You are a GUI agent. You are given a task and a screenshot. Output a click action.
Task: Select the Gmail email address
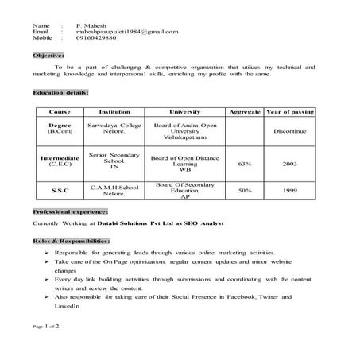click(x=127, y=32)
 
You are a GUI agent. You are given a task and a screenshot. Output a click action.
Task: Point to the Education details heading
click(x=61, y=93)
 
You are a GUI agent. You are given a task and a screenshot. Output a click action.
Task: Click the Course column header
click(x=60, y=112)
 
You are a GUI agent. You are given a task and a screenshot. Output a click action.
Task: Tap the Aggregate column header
click(x=246, y=112)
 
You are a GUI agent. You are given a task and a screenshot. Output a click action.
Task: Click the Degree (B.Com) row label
click(x=60, y=130)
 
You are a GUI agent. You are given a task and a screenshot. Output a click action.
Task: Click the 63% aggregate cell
click(x=246, y=164)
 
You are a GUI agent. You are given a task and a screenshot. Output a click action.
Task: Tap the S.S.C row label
click(x=60, y=191)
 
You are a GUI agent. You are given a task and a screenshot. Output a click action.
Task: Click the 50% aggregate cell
click(x=246, y=191)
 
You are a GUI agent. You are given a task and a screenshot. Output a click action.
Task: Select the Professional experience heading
click(x=70, y=212)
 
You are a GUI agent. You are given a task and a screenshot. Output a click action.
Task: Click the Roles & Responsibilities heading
click(x=72, y=239)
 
